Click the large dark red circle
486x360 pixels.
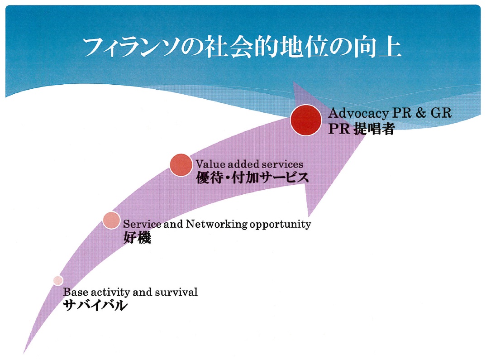[x=306, y=120]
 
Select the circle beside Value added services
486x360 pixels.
[x=181, y=165]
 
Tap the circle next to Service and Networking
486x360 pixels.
[x=111, y=220]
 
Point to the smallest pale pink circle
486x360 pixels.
[x=58, y=280]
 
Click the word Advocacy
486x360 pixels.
[x=358, y=114]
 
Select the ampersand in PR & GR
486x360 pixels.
[x=420, y=113]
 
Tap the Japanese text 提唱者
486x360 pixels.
[x=374, y=128]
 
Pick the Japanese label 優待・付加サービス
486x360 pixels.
[x=253, y=178]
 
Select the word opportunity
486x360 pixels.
[x=280, y=225]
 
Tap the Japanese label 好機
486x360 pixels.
[x=137, y=238]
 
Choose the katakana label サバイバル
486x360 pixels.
[x=95, y=305]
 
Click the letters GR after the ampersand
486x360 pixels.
[x=441, y=113]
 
